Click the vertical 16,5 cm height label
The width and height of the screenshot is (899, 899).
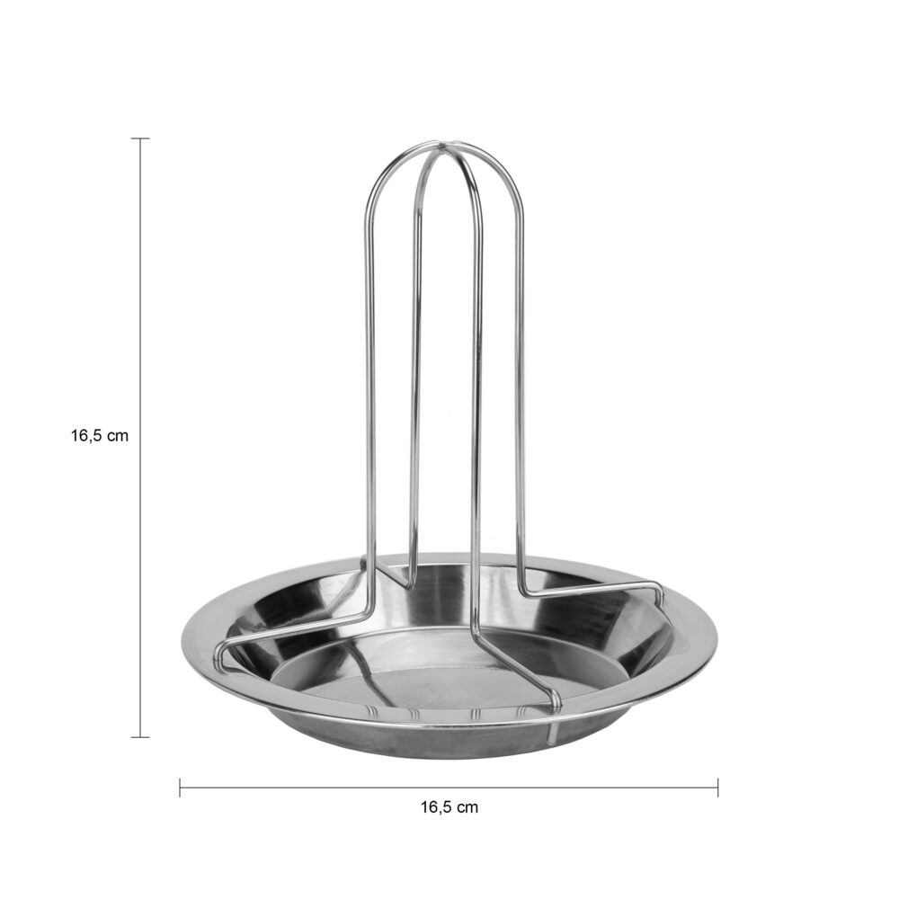(100, 436)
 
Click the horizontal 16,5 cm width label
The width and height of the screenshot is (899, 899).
(449, 807)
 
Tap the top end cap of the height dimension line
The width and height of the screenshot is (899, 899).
(140, 138)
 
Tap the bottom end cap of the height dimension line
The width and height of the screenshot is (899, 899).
(140, 737)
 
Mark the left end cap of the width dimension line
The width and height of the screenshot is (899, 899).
(180, 788)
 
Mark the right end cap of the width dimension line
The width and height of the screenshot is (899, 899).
(717, 788)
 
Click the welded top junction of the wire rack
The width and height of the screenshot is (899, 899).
(444, 147)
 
